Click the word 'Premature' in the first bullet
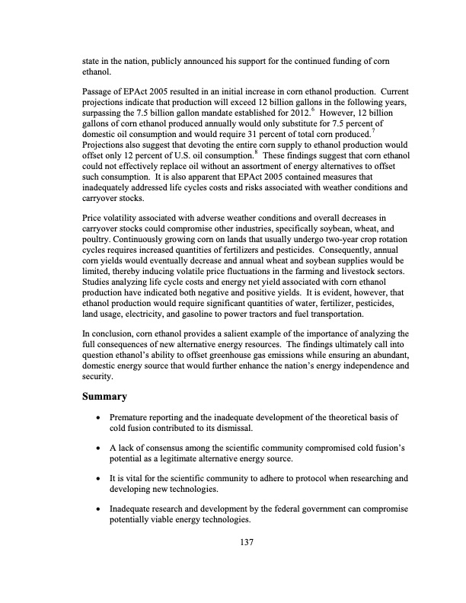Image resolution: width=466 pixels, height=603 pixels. click(131, 417)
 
